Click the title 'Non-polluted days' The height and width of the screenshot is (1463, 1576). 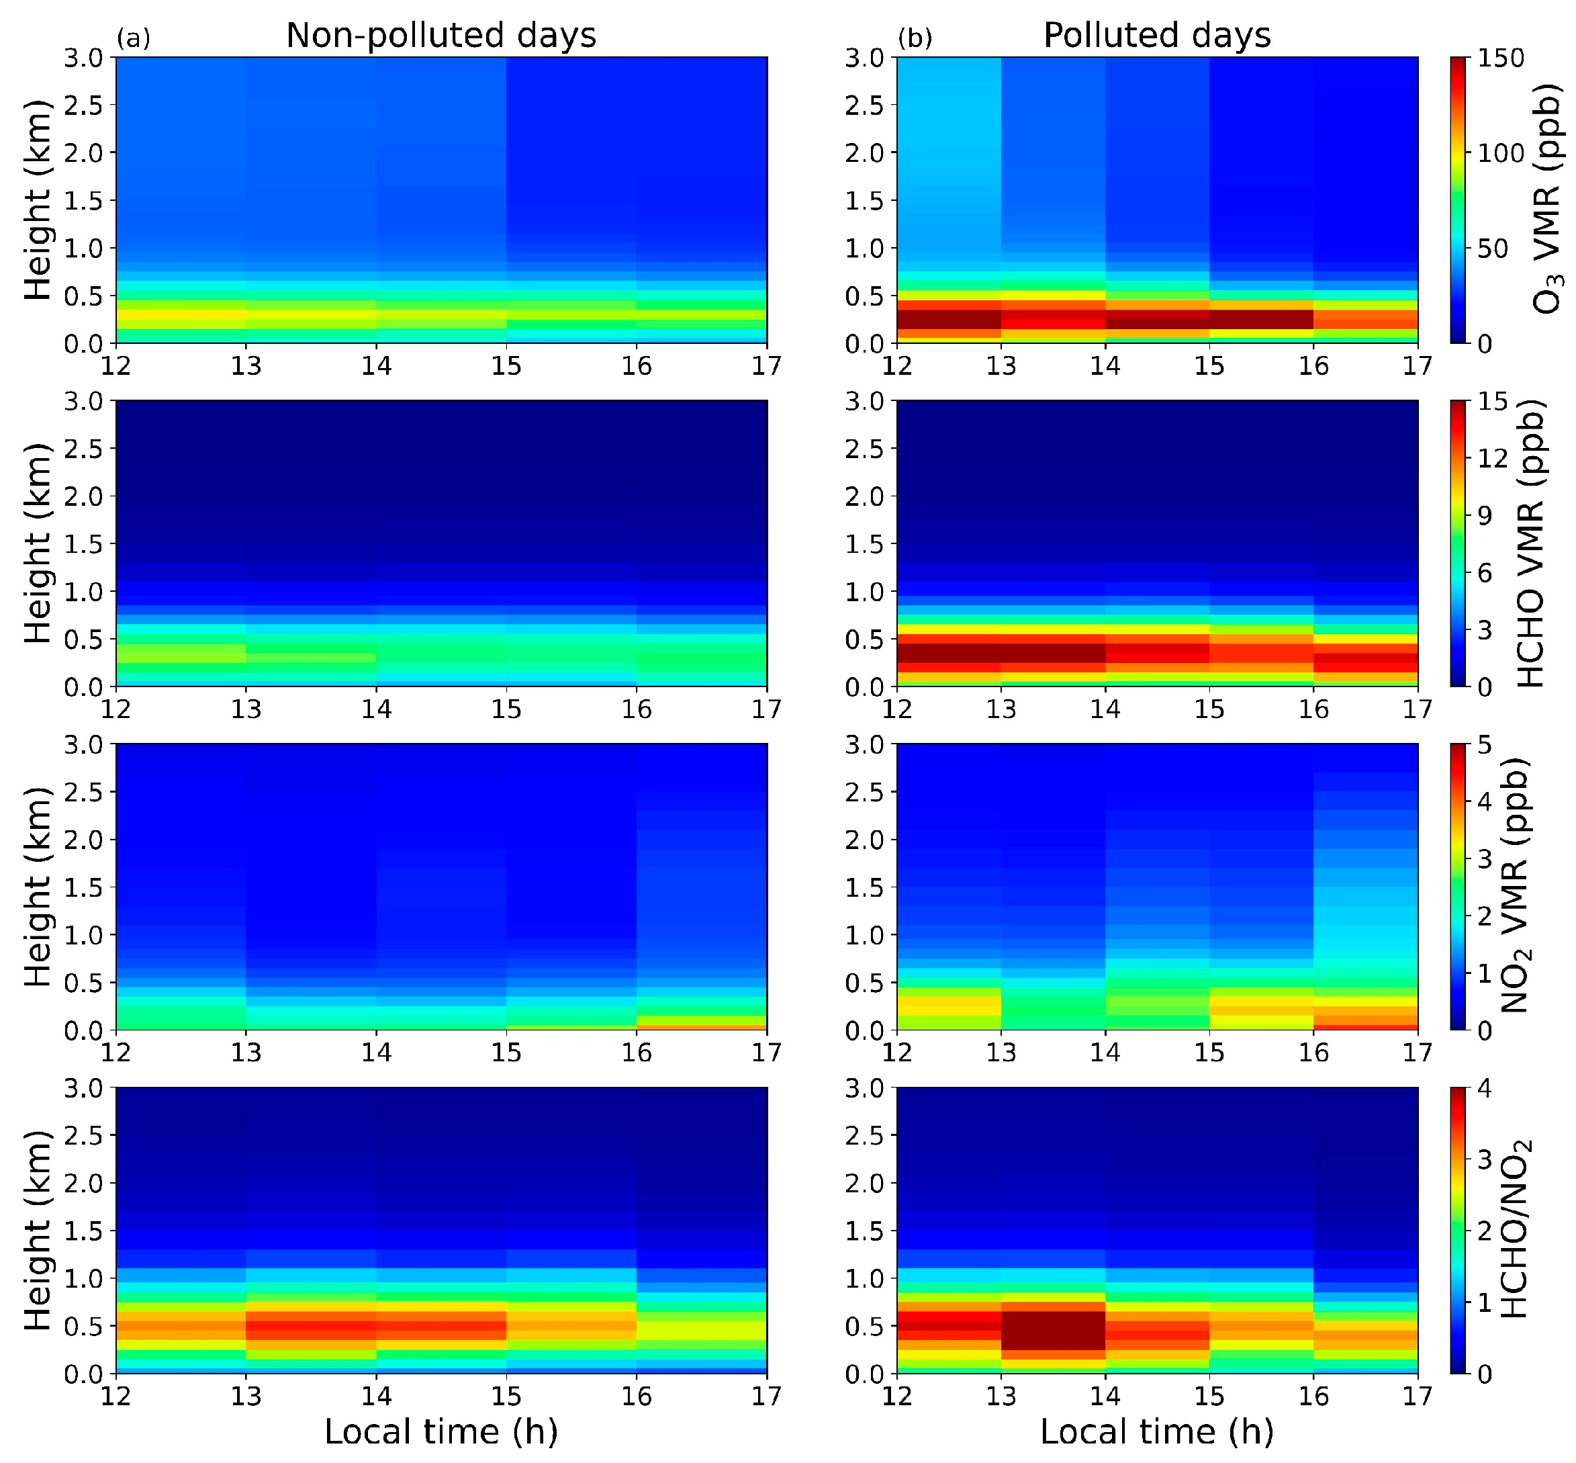pos(441,36)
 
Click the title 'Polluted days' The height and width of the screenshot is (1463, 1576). pos(1156,36)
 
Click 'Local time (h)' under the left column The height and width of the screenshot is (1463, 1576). pos(441,1431)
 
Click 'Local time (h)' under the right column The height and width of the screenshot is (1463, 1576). pos(1156,1431)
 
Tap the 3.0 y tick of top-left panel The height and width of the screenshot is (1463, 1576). pos(83,58)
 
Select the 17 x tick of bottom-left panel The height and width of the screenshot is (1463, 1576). pos(766,1396)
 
